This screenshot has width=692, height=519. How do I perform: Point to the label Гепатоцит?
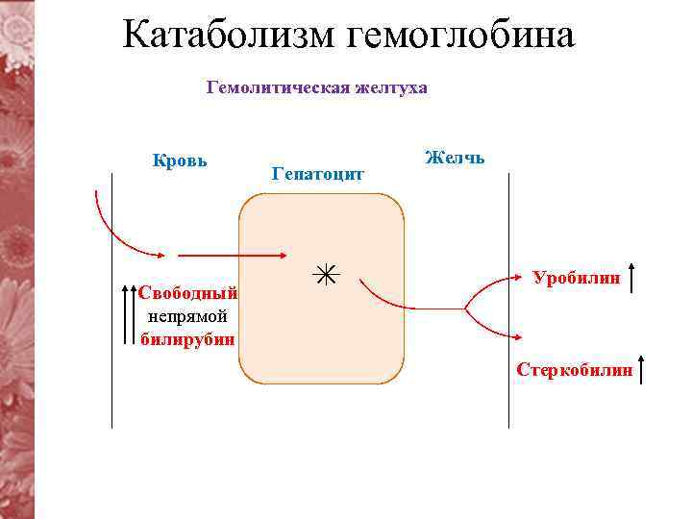point(318,174)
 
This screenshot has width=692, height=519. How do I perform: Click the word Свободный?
point(187,292)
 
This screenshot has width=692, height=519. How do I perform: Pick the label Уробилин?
point(576,278)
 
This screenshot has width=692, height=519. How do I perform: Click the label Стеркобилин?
point(575,369)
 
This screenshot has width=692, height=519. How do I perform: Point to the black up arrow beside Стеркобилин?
point(642,369)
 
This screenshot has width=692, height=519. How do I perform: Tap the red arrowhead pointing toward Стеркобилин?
point(519,337)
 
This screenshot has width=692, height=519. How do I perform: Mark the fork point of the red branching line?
point(465,309)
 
